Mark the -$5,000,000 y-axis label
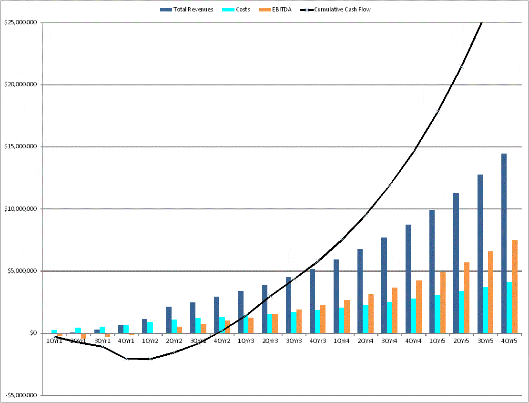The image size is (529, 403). [21, 395]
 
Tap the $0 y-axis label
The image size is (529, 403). [33, 333]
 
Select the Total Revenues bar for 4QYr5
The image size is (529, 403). [504, 243]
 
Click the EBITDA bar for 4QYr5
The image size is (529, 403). [515, 286]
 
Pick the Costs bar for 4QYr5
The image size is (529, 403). [509, 308]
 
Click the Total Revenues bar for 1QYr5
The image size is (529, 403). [432, 271]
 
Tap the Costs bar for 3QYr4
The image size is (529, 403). [389, 317]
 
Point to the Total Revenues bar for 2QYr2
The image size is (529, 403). [169, 320]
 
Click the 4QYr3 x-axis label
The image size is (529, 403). [318, 341]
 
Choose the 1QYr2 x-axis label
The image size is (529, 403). [151, 341]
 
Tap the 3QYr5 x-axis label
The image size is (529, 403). [486, 341]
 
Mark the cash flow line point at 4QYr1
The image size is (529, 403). [127, 359]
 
